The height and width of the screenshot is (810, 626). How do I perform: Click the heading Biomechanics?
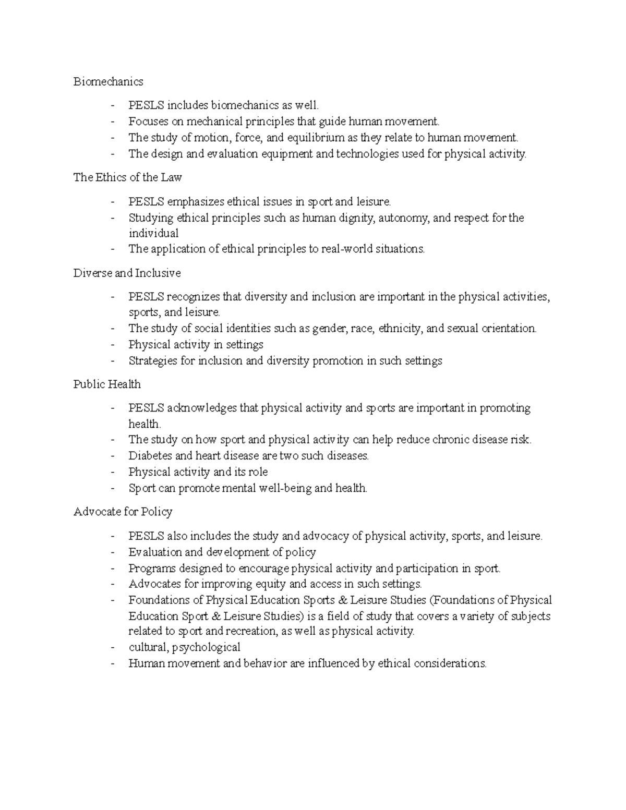point(108,82)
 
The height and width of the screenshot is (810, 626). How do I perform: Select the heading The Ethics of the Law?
point(127,177)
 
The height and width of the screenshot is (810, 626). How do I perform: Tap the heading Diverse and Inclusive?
point(127,273)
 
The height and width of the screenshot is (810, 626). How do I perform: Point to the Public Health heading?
point(107,384)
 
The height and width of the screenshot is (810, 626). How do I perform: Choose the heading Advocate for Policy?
point(123,512)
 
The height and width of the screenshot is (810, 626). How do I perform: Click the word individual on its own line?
point(153,233)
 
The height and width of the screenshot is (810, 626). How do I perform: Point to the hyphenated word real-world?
point(347,249)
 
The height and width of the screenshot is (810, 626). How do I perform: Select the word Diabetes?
point(150,456)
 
